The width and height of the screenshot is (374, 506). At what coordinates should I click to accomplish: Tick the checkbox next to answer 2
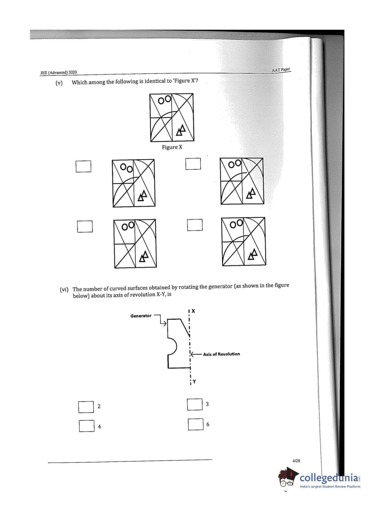86,407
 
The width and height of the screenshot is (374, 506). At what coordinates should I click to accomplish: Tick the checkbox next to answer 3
194,404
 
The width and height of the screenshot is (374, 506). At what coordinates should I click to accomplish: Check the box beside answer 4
87,426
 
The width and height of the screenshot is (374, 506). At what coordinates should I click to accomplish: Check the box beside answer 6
195,424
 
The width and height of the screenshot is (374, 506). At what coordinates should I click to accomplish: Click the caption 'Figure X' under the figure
172,147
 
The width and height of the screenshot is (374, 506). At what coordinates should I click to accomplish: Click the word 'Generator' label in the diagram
141,316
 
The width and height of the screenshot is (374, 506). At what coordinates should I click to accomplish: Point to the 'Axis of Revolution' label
221,354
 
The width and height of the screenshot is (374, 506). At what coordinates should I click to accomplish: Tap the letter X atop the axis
193,311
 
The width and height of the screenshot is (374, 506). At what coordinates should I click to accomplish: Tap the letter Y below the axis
194,381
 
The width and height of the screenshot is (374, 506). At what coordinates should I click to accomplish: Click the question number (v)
59,83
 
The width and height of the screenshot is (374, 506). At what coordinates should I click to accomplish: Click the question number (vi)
64,289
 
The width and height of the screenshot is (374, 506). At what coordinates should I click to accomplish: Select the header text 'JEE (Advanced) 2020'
59,72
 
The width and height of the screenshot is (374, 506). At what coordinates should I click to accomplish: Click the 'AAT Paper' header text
281,70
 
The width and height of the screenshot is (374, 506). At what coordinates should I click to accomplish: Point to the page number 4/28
296,461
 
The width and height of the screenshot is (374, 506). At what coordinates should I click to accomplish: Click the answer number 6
208,424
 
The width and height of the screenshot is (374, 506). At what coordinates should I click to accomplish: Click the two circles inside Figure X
164,100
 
